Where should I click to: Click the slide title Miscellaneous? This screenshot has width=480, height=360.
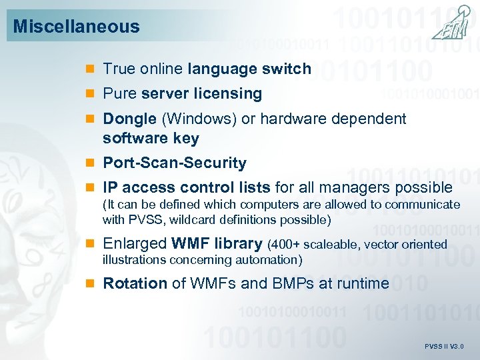(x=76, y=27)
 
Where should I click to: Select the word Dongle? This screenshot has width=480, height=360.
(x=129, y=119)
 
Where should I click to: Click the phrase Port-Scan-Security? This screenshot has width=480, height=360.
(x=175, y=163)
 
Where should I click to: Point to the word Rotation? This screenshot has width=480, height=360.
(x=135, y=283)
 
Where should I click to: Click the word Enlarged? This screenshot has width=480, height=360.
(x=135, y=244)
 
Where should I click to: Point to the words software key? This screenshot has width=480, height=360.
(x=151, y=138)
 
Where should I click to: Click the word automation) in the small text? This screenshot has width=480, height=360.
(x=271, y=259)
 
